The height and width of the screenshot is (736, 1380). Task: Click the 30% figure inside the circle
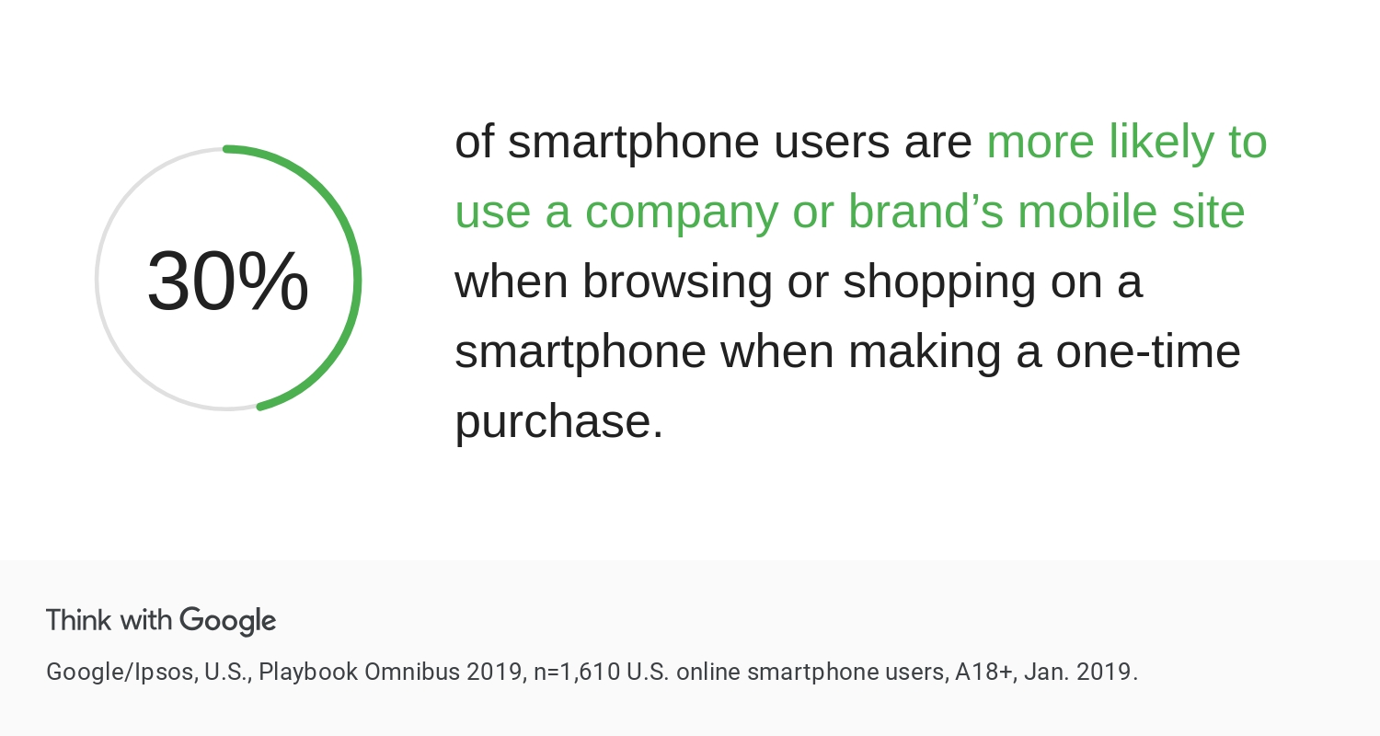coord(228,281)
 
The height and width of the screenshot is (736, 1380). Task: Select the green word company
coord(682,213)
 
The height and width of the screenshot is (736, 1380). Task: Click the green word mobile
coord(1087,212)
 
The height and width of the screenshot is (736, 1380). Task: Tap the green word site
coord(1208,212)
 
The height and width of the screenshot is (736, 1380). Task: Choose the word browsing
coord(677,282)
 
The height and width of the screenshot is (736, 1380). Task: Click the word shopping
coord(939,282)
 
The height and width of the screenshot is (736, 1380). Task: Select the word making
coord(924,352)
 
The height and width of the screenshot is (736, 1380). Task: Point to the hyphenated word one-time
coord(1148,351)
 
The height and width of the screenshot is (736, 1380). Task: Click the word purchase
coord(558,422)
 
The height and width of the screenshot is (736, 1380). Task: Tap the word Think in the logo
coord(78,620)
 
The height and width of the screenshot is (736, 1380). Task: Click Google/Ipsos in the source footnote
coord(122,672)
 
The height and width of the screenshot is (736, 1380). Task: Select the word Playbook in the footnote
coord(308,672)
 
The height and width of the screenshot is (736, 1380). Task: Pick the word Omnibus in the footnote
coord(412,672)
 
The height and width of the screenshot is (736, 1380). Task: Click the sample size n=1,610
coord(577,673)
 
